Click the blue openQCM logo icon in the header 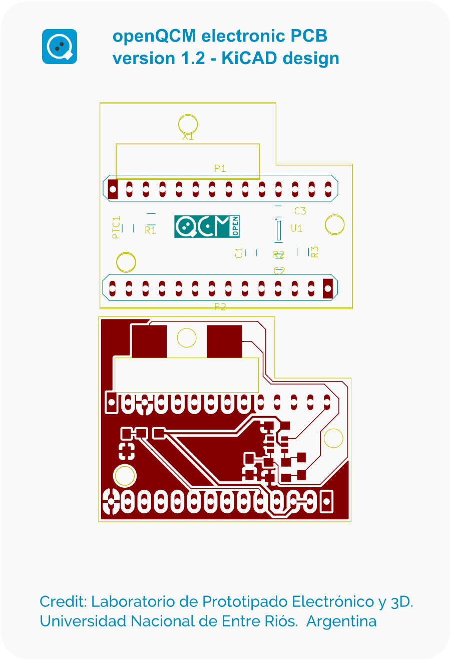tap(60, 47)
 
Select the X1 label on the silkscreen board tap(188, 136)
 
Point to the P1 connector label tap(220, 168)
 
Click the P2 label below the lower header tap(220, 306)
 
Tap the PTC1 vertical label tap(117, 227)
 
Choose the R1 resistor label tap(150, 230)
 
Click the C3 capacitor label tap(300, 211)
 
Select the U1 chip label tap(297, 228)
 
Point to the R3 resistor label tap(315, 252)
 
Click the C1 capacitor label tap(239, 252)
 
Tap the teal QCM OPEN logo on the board tap(207, 226)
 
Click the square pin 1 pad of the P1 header tap(113, 189)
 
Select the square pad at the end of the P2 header tap(328, 288)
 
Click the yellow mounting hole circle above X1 tap(188, 124)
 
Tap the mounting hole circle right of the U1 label tap(334, 225)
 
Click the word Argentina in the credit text tap(341, 621)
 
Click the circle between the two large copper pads tap(187, 338)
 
